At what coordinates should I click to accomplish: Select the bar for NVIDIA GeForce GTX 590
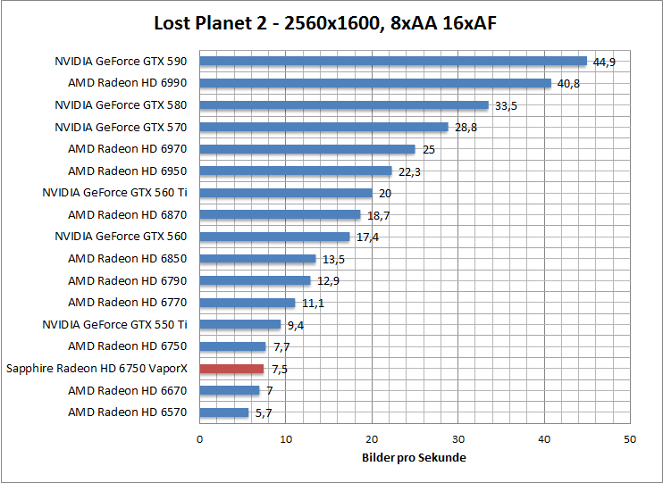(393, 61)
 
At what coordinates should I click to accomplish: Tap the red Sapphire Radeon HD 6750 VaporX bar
(231, 368)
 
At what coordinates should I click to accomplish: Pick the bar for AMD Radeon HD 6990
(375, 83)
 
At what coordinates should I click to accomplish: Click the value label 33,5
(507, 105)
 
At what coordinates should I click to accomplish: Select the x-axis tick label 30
(458, 439)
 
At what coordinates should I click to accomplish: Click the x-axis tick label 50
(631, 439)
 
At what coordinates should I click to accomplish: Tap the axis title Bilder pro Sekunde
(415, 458)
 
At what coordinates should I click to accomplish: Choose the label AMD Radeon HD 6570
(128, 412)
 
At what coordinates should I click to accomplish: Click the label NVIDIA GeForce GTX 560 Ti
(114, 193)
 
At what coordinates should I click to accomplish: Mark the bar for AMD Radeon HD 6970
(307, 149)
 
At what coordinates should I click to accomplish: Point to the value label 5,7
(264, 413)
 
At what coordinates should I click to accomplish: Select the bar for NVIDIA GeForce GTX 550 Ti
(240, 324)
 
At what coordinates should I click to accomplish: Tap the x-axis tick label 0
(200, 439)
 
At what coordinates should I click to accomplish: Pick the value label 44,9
(605, 62)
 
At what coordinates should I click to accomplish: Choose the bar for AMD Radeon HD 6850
(257, 259)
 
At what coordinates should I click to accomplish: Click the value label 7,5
(280, 369)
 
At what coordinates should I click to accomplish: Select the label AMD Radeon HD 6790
(128, 280)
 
